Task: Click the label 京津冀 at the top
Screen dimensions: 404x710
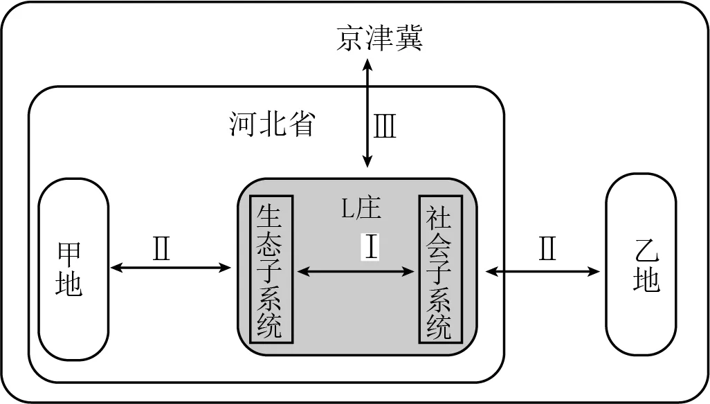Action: click(379, 38)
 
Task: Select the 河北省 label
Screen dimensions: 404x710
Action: click(272, 125)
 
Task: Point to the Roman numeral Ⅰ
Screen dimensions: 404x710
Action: click(372, 247)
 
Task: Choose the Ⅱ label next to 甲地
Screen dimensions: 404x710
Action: click(161, 249)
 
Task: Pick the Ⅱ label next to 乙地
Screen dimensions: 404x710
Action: click(547, 249)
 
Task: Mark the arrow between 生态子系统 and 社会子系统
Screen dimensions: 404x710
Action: click(355, 273)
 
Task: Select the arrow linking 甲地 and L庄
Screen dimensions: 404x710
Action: click(170, 268)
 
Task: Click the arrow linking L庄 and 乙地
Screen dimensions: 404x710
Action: click(543, 272)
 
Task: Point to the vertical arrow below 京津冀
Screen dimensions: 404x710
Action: click(367, 114)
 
